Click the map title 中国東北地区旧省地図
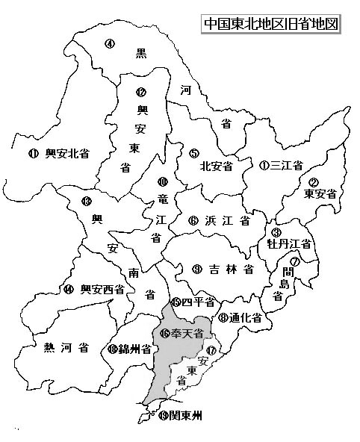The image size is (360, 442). [x=271, y=23]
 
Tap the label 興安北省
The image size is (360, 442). [x=67, y=154]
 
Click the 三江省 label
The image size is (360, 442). [x=287, y=165]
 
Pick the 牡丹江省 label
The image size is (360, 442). [x=294, y=243]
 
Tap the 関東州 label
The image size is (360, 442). [x=186, y=415]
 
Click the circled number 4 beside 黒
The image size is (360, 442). [x=110, y=43]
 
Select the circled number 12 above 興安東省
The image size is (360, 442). [x=140, y=93]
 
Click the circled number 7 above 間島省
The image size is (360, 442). [x=295, y=261]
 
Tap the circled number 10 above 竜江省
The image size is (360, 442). [x=162, y=181]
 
